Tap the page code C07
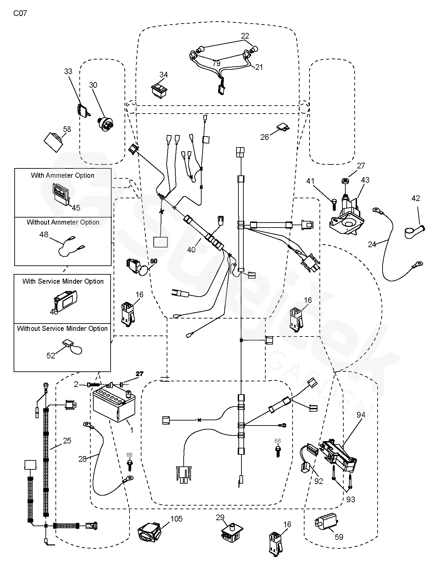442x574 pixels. [x=20, y=14]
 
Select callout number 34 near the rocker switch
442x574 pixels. [x=163, y=75]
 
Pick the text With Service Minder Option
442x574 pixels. [x=63, y=281]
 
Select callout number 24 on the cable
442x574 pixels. [x=372, y=244]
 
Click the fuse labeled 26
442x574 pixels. [x=282, y=127]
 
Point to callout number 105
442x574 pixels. [x=176, y=519]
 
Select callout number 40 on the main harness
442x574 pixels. [x=192, y=249]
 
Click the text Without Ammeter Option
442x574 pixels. [x=63, y=222]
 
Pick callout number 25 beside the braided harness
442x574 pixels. [x=67, y=441]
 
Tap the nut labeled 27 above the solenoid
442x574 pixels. [x=344, y=181]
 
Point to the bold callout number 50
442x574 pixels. [x=153, y=261]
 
